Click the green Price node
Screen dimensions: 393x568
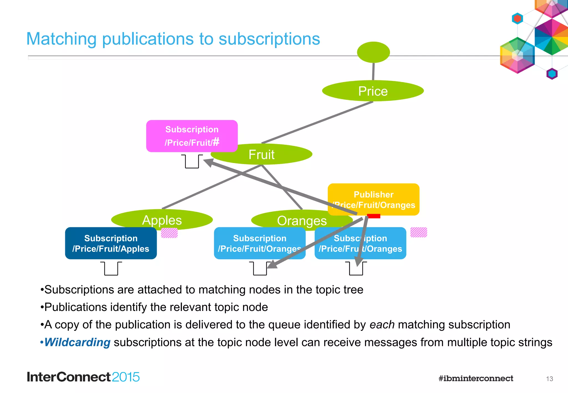tap(373, 91)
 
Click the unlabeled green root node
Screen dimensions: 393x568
tap(373, 52)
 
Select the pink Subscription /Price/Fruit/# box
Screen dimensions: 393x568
tap(192, 136)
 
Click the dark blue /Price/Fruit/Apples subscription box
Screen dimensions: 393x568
tap(111, 243)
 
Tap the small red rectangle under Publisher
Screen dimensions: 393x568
tap(374, 216)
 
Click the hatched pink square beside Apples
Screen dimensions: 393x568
tap(169, 233)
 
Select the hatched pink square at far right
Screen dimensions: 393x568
tap(419, 232)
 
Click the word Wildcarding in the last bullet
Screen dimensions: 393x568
tap(77, 342)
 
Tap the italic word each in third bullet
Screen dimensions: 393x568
tap(382, 325)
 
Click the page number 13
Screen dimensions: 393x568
tap(549, 379)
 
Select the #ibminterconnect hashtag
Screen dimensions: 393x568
tap(476, 378)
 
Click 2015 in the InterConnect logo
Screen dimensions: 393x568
tap(126, 377)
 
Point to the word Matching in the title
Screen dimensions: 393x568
tap(61, 39)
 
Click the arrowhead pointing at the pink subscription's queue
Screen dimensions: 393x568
tap(209, 162)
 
